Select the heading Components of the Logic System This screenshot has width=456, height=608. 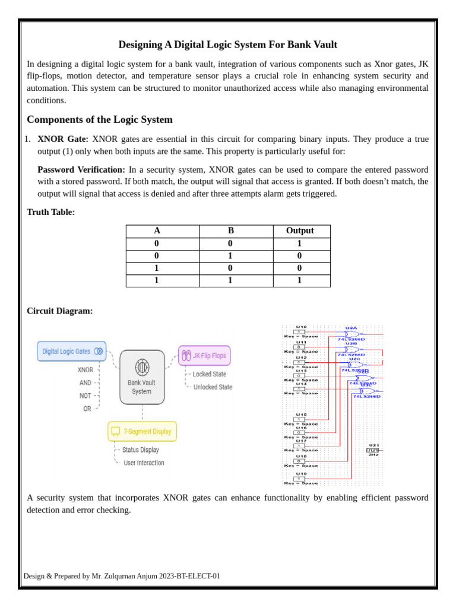point(100,119)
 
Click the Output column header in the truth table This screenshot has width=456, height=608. point(299,231)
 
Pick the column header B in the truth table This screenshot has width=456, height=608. point(230,231)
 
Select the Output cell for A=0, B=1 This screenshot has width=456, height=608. point(299,256)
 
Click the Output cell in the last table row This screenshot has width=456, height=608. point(299,281)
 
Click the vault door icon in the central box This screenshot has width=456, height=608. point(142,366)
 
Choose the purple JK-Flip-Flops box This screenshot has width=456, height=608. point(204,356)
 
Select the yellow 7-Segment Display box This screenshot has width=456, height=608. point(142,431)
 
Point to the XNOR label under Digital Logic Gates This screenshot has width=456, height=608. point(85,369)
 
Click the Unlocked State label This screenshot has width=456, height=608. point(213,387)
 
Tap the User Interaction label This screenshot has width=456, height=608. point(144,463)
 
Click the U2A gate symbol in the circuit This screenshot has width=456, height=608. point(352,334)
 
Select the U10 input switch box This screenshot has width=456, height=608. point(300,332)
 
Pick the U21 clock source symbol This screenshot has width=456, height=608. point(373,451)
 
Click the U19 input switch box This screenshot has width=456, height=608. point(300,479)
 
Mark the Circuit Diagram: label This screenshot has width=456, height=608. point(60,311)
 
